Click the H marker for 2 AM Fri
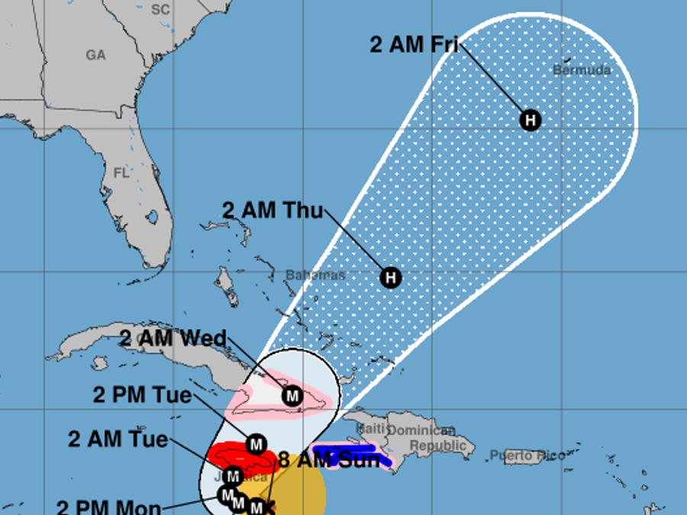pyautogui.click(x=530, y=120)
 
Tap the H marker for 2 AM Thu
pyautogui.click(x=391, y=277)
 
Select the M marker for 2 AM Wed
pyautogui.click(x=292, y=396)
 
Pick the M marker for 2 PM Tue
pyautogui.click(x=256, y=443)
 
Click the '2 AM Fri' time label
pyautogui.click(x=414, y=44)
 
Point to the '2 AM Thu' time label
pyautogui.click(x=273, y=210)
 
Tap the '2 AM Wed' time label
pyautogui.click(x=173, y=338)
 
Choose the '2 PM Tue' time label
pyautogui.click(x=142, y=394)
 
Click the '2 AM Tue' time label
pyautogui.click(x=118, y=439)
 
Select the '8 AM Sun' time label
pyautogui.click(x=328, y=460)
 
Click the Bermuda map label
pyautogui.click(x=582, y=70)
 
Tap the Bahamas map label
pyautogui.click(x=315, y=275)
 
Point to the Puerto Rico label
pyautogui.click(x=527, y=455)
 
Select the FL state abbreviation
pyautogui.click(x=121, y=173)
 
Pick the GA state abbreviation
pyautogui.click(x=95, y=55)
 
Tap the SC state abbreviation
pyautogui.click(x=160, y=9)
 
